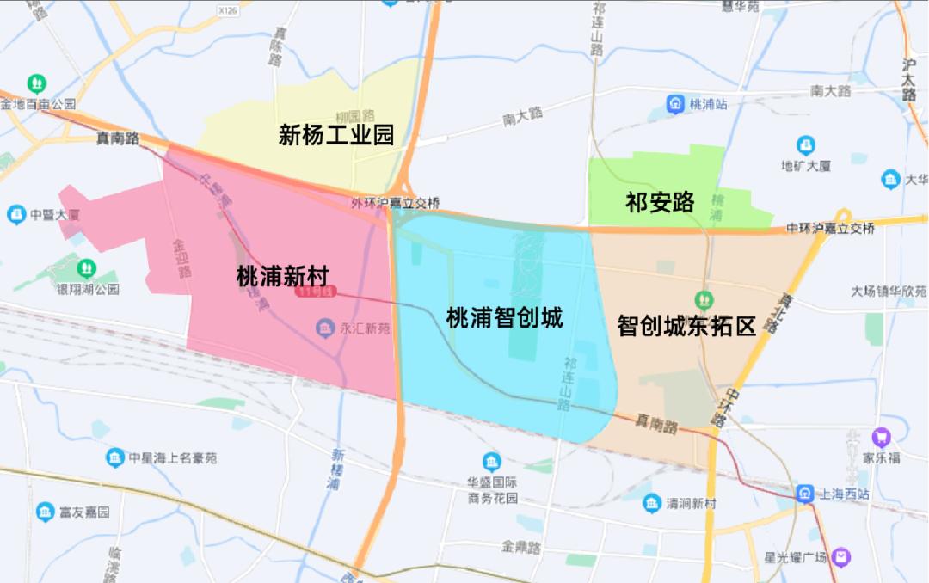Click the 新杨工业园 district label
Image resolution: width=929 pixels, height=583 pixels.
335,134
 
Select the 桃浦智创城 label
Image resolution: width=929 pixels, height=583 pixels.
504,317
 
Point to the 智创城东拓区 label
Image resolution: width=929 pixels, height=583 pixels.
686,326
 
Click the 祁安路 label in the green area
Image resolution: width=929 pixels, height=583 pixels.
659,202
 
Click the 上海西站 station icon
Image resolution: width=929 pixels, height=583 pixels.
804,494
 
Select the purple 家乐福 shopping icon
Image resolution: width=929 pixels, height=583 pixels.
880,437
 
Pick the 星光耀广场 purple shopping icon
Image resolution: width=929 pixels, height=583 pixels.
842,557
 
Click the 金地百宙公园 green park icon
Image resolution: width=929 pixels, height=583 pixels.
38,83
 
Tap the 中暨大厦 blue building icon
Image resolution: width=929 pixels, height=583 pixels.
16,214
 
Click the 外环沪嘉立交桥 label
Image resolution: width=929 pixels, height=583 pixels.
396,203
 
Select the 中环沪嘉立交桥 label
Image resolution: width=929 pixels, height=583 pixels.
830,229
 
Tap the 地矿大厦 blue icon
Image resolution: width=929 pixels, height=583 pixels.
805,144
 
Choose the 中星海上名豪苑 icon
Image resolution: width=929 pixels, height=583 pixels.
114,457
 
